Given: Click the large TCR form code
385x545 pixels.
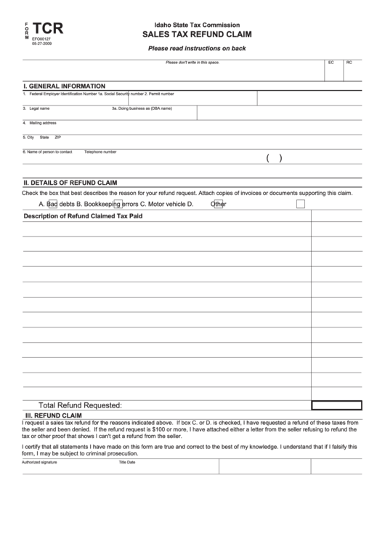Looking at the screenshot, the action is point(49,29).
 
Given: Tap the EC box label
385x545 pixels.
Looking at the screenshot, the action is point(331,63).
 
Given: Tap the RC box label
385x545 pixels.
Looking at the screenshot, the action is point(349,63).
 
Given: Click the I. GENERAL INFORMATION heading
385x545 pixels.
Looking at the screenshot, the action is point(65,86).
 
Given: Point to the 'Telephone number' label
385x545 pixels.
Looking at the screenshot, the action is point(100,151).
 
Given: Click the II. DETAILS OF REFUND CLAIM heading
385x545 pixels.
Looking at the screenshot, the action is point(70,183).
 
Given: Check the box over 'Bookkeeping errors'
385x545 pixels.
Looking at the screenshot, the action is point(118,204).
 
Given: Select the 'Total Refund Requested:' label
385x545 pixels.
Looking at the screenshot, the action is point(80,405).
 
